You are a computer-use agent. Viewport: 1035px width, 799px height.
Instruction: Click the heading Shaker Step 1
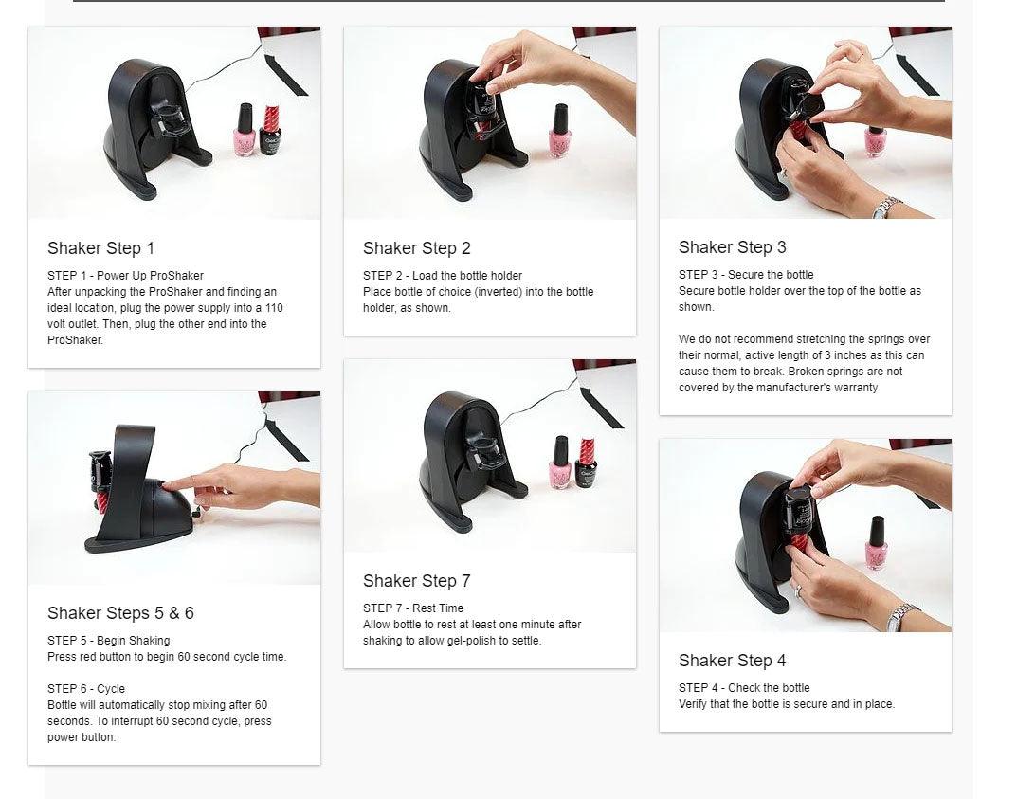pyautogui.click(x=101, y=248)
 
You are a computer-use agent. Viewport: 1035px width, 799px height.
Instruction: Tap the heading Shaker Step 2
pyautogui.click(x=416, y=248)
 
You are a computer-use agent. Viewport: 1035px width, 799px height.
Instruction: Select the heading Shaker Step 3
pyautogui.click(x=732, y=247)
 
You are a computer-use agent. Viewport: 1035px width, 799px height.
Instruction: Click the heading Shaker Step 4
pyautogui.click(x=732, y=661)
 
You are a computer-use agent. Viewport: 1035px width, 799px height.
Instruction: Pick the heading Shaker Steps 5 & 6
pyautogui.click(x=120, y=613)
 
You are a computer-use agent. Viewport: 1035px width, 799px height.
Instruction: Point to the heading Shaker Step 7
pyautogui.click(x=416, y=580)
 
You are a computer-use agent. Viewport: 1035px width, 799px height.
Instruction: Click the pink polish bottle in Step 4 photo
pyautogui.click(x=876, y=543)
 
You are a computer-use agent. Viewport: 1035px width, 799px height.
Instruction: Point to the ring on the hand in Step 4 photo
pyautogui.click(x=797, y=590)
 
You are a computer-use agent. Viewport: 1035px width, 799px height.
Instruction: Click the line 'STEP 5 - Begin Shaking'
pyautogui.click(x=109, y=641)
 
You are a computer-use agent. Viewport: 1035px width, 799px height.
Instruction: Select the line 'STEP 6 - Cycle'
pyautogui.click(x=86, y=689)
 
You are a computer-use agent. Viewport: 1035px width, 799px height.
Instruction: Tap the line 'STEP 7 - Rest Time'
pyautogui.click(x=413, y=608)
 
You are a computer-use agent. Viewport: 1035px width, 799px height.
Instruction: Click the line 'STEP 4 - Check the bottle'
pyautogui.click(x=744, y=687)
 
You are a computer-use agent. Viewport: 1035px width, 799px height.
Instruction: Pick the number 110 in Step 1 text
pyautogui.click(x=274, y=308)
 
